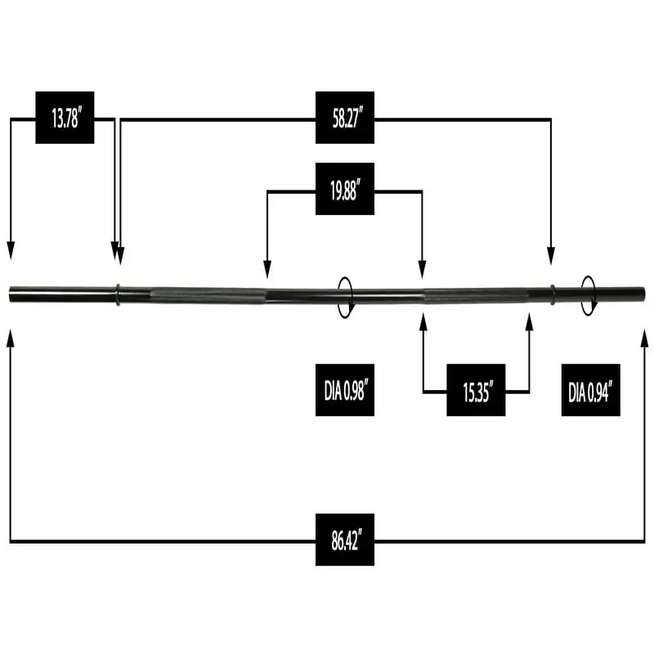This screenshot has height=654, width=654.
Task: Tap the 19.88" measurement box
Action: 345,192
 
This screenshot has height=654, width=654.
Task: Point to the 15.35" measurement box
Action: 476,393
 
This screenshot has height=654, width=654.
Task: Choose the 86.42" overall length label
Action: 345,541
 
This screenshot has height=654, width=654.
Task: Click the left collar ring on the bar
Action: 118,294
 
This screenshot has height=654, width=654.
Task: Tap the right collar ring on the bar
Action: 553,294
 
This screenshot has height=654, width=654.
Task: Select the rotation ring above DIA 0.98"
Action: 347,294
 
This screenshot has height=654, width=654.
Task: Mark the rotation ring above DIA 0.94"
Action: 588,294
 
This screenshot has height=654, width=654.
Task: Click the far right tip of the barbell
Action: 643,293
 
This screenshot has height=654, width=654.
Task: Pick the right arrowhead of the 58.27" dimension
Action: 550,255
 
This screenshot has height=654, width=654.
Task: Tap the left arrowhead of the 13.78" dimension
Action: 11,252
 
